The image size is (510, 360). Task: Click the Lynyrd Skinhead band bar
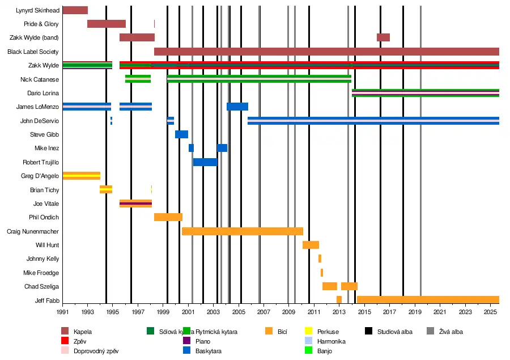[x=75, y=10]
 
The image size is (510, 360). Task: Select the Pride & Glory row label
[x=41, y=24]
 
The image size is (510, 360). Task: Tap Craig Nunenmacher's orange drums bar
[x=242, y=231]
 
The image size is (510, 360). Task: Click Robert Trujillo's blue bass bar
[x=205, y=162]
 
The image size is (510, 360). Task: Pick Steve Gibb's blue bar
[x=181, y=134]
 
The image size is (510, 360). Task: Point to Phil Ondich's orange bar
[x=168, y=217]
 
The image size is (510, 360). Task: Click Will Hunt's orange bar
[x=311, y=245]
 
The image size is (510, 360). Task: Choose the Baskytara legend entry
[x=208, y=351]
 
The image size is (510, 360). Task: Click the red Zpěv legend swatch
[x=65, y=341]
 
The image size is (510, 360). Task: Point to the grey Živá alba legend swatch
[x=430, y=332]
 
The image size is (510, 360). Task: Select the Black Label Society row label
[x=33, y=52]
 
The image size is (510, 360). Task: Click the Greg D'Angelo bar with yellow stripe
[x=81, y=176]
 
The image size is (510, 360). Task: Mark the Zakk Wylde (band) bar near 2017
[x=383, y=37]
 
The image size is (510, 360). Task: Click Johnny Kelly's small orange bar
[x=320, y=259]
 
